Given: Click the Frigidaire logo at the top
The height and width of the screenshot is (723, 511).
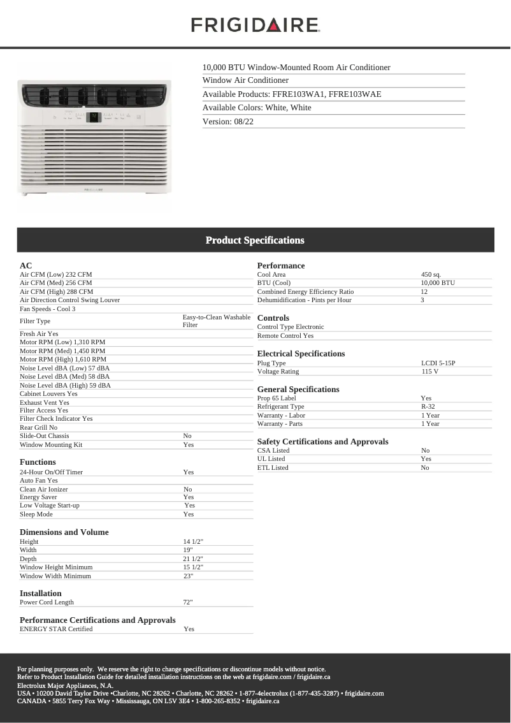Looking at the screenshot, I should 255,26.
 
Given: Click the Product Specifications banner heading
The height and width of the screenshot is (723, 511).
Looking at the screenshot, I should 255,240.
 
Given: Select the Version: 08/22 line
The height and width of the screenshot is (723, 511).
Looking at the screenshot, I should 228,121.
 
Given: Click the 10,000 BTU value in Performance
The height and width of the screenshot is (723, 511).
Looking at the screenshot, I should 438,283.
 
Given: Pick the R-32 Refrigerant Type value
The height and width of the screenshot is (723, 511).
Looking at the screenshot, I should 428,407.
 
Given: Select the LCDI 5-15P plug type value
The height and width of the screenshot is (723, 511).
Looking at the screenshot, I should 438,363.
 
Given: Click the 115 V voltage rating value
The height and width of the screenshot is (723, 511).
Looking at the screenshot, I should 429,372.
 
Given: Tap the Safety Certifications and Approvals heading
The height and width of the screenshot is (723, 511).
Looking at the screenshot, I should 322,442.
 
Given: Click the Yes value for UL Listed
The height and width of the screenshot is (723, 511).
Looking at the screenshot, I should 426,459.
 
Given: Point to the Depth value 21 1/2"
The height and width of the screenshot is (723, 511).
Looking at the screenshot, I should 193,559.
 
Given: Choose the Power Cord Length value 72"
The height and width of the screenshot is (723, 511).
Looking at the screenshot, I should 188,602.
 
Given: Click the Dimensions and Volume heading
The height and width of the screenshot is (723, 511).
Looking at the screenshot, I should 64,532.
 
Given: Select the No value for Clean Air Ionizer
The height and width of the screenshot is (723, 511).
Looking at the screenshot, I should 187,490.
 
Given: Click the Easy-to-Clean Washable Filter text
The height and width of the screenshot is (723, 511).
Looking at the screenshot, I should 216,321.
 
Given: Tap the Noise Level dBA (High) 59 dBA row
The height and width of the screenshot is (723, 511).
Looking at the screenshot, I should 65,385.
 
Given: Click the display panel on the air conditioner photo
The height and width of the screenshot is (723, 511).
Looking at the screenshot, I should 94,117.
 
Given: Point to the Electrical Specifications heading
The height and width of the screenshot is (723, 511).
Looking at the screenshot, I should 301,354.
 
